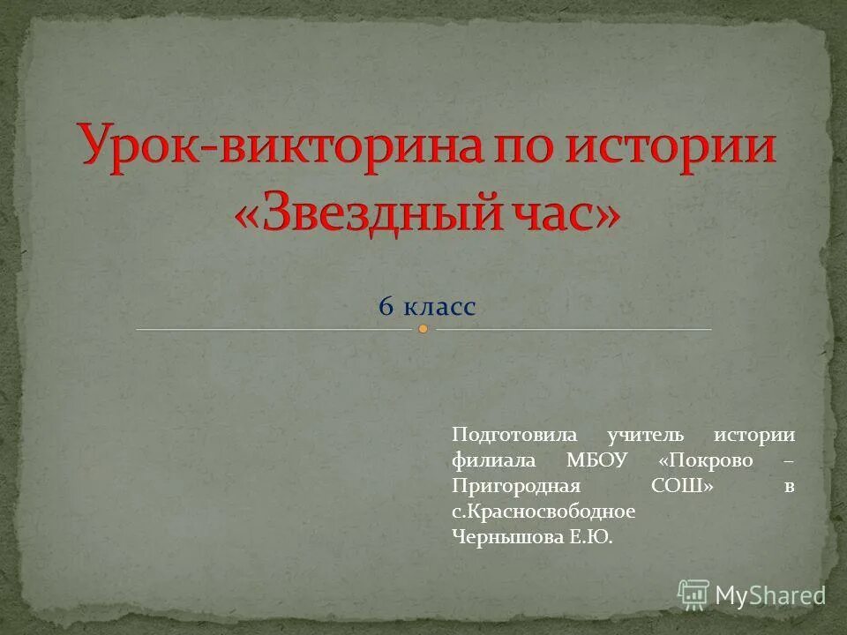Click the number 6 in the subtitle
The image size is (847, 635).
[x=386, y=307]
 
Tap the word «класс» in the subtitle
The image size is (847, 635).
[x=439, y=307]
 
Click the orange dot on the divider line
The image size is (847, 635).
[x=423, y=329]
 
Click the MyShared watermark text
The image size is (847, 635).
[x=770, y=595]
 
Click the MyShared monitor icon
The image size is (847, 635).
[x=693, y=594]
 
